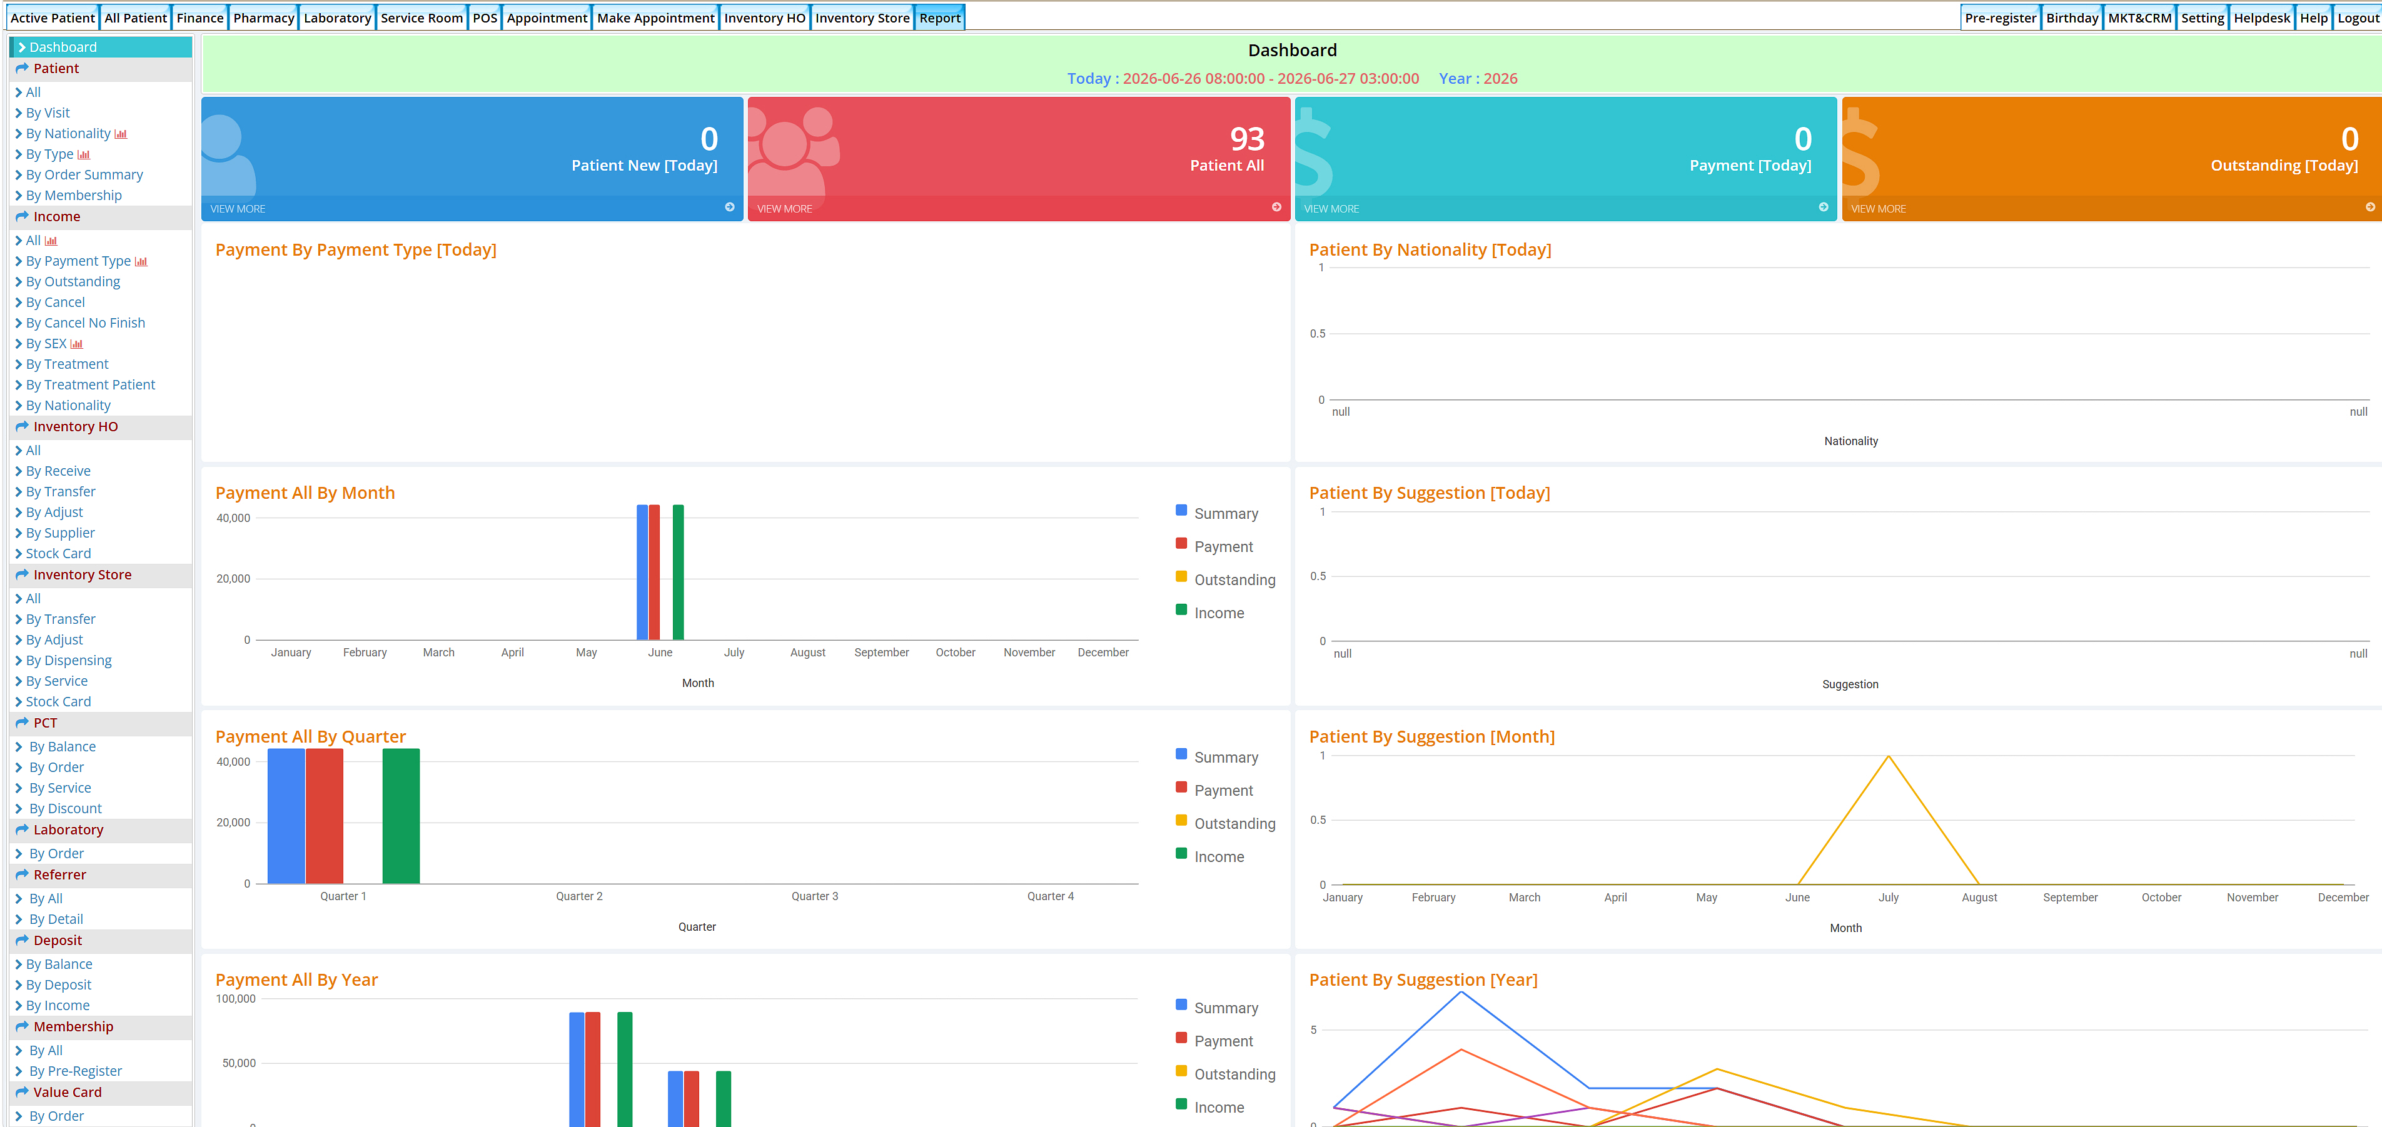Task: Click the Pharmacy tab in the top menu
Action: click(263, 18)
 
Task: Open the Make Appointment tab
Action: click(655, 18)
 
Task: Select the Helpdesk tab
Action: click(2262, 18)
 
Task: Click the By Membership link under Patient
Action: click(73, 195)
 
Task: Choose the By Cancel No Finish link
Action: click(85, 323)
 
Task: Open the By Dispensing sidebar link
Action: click(68, 660)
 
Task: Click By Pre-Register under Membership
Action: click(75, 1071)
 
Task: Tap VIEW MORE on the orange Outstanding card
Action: click(1878, 209)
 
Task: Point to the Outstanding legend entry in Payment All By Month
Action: click(1234, 579)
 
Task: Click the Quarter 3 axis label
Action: click(815, 896)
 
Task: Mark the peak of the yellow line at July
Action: click(1888, 756)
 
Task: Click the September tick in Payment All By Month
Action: click(881, 653)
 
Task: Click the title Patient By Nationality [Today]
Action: click(1430, 249)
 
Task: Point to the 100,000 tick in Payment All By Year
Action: click(236, 998)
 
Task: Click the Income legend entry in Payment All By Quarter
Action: click(1219, 857)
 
